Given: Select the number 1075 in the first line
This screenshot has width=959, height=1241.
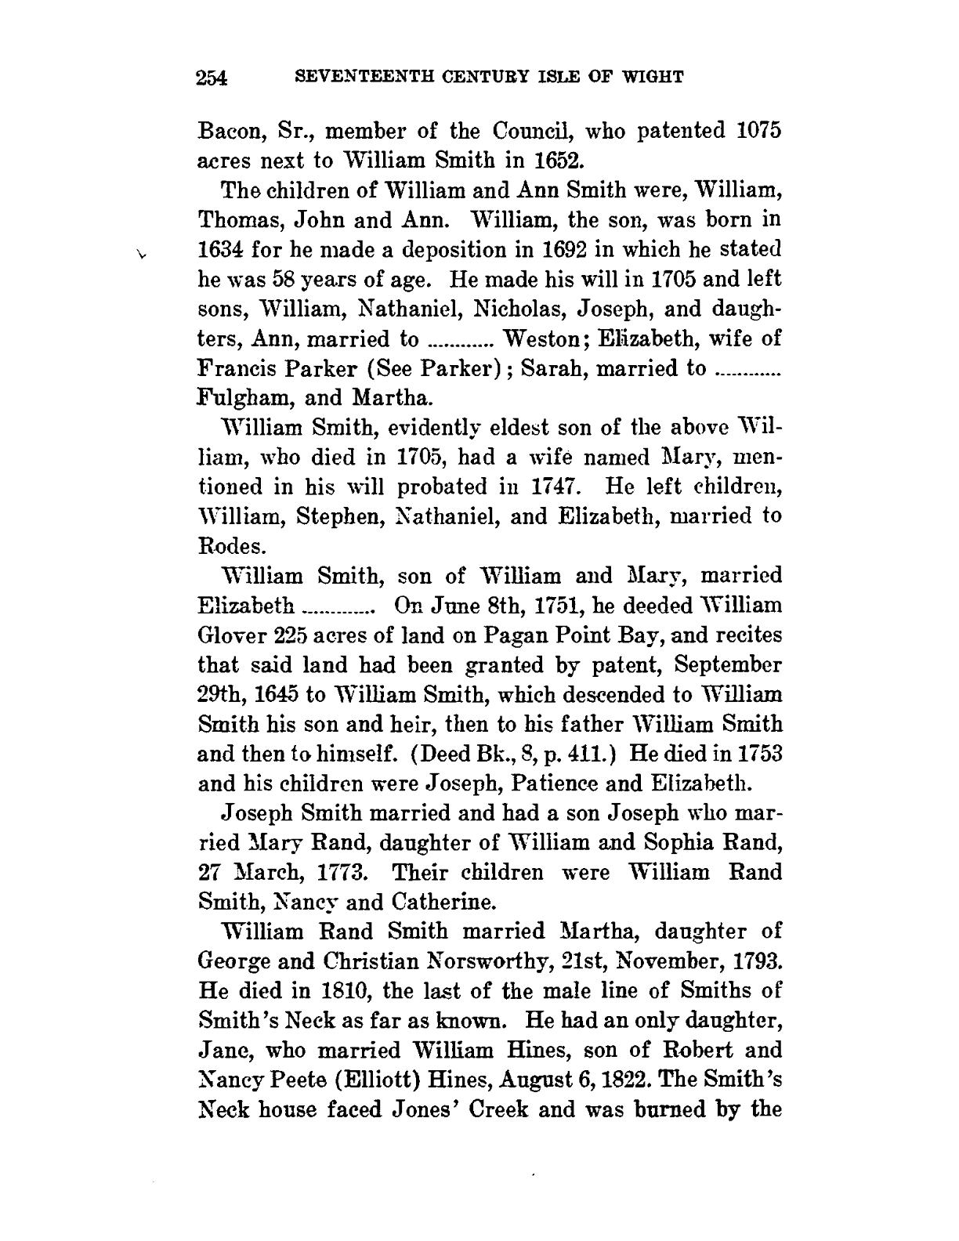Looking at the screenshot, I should (x=758, y=131).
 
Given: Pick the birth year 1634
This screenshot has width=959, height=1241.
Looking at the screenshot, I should (x=224, y=251).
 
